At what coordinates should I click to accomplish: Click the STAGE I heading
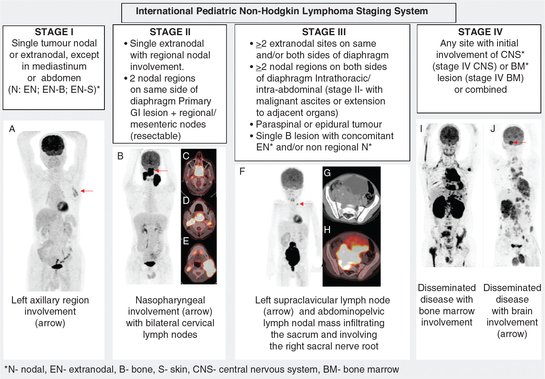(54, 32)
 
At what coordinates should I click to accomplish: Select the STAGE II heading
(170, 32)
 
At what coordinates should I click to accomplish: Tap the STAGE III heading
(324, 32)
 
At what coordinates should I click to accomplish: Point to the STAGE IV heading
(480, 32)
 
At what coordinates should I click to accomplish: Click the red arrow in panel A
(88, 191)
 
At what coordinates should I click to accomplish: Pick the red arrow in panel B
(162, 171)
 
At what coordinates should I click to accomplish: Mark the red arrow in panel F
(306, 204)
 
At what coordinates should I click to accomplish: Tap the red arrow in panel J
(520, 142)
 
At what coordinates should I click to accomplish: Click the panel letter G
(327, 173)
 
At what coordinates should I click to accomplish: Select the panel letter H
(327, 230)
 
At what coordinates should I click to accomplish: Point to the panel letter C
(186, 156)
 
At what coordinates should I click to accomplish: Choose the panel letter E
(186, 241)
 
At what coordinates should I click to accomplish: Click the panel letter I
(421, 129)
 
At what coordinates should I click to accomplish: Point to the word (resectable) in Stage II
(155, 136)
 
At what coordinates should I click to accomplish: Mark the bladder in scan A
(57, 266)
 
